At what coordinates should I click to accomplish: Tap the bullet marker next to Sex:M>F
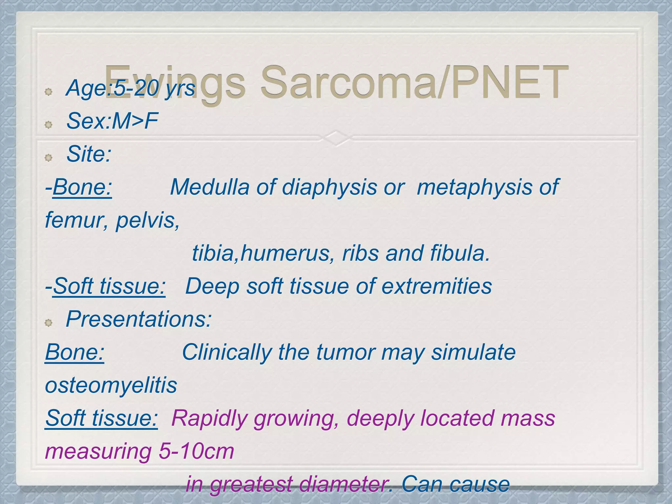pos(49,125)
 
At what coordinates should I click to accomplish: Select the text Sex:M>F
pos(112,121)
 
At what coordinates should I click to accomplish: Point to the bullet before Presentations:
pos(49,323)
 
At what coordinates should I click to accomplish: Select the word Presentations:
pos(139,319)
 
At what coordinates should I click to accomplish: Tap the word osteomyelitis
pos(111,385)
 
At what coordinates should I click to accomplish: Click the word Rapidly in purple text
pos(209,419)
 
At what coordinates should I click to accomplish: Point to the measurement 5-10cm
pos(196,451)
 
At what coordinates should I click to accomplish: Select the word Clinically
pos(227,352)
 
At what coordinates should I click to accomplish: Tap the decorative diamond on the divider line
pos(336,137)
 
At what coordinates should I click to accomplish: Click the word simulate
pos(473,352)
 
